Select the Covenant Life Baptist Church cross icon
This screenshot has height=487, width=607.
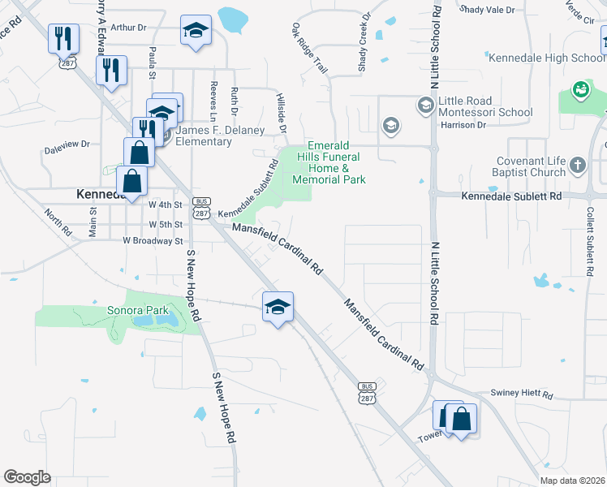(578, 166)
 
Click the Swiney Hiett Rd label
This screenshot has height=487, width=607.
(521, 395)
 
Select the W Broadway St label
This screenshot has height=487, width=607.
(153, 240)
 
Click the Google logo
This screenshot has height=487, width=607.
(27, 476)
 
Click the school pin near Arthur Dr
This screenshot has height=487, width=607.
(196, 32)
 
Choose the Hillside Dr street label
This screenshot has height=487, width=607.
(283, 117)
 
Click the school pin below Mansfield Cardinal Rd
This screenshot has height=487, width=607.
(278, 307)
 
